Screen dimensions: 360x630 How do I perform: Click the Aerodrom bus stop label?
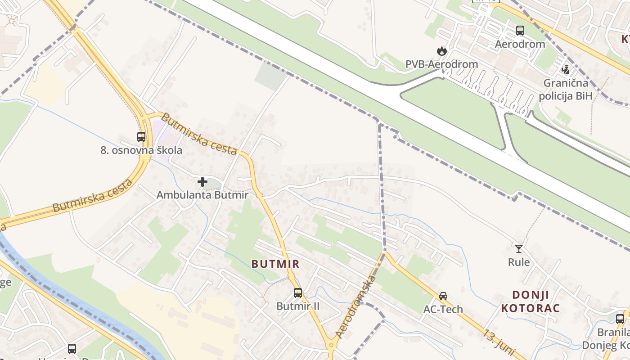pyautogui.click(x=520, y=44)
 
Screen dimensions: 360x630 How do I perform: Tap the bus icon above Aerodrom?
pyautogui.click(x=520, y=31)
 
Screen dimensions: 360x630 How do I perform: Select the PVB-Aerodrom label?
pyautogui.click(x=441, y=64)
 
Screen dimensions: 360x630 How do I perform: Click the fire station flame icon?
pyautogui.click(x=442, y=51)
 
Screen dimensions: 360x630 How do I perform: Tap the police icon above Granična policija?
pyautogui.click(x=566, y=69)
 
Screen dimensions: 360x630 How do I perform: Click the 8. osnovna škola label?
pyautogui.click(x=141, y=150)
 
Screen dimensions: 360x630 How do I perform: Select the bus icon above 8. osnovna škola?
pyautogui.click(x=141, y=136)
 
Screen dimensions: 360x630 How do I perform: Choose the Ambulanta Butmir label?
pyautogui.click(x=202, y=195)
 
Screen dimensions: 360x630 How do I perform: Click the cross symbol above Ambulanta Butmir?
pyautogui.click(x=202, y=182)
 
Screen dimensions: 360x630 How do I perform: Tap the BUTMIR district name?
pyautogui.click(x=275, y=264)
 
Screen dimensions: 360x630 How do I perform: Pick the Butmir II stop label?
pyautogui.click(x=298, y=306)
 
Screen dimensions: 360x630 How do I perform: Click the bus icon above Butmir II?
pyautogui.click(x=298, y=293)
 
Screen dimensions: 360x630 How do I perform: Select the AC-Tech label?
pyautogui.click(x=443, y=309)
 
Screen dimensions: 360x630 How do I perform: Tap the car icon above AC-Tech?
pyautogui.click(x=443, y=296)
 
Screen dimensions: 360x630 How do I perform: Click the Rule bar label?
pyautogui.click(x=519, y=262)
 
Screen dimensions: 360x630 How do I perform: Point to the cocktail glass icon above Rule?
pyautogui.click(x=519, y=248)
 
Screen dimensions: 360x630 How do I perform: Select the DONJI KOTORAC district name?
pyautogui.click(x=530, y=301)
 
